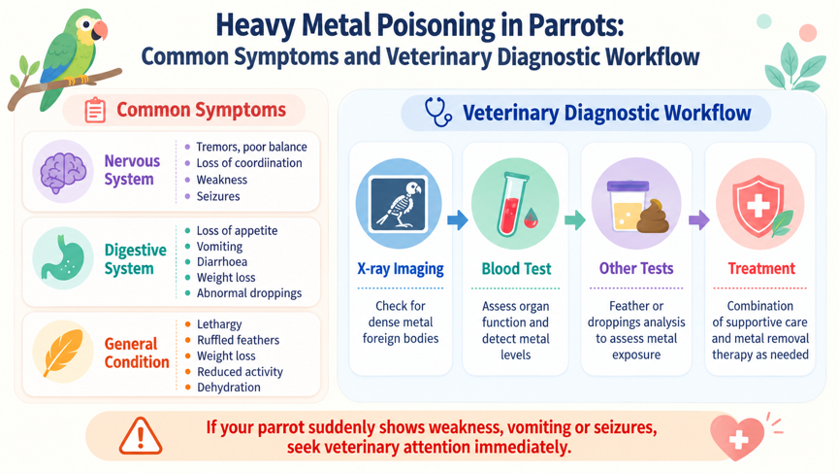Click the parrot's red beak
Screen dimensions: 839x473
(100, 30)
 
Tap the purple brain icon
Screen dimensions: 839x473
(63, 172)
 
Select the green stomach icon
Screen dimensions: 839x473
(64, 257)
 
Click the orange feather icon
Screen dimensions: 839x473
(64, 352)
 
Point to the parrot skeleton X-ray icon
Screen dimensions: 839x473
(399, 204)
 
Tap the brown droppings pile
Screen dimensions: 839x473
(653, 217)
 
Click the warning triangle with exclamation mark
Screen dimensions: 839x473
(141, 436)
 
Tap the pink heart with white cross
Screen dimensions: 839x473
(737, 436)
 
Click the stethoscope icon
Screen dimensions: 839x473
(438, 112)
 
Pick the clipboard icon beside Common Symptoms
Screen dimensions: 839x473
(95, 110)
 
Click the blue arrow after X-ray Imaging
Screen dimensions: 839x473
(458, 220)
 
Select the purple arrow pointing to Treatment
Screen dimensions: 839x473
(698, 220)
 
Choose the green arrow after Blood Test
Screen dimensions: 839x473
(574, 220)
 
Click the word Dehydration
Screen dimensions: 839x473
(229, 388)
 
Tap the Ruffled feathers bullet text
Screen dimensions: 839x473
(238, 340)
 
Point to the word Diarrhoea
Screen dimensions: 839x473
(221, 262)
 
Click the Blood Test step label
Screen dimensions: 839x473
(516, 268)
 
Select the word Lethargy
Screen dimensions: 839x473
(219, 324)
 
